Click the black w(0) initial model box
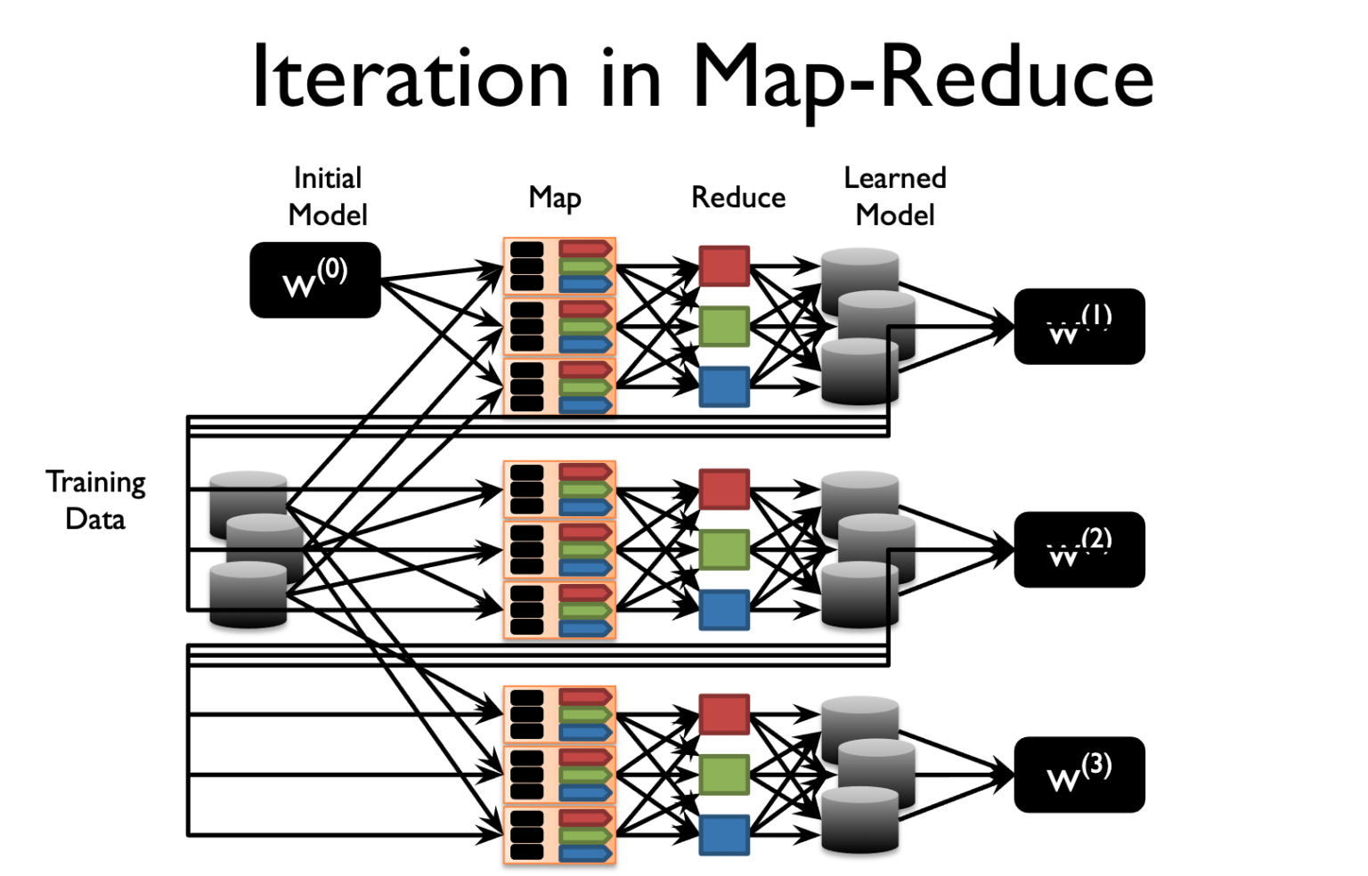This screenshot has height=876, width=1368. tap(315, 280)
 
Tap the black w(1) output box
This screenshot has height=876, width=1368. tap(1079, 326)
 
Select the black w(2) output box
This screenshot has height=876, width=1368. tap(1079, 549)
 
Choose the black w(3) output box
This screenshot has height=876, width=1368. tap(1079, 775)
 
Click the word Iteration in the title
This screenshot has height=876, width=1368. tap(410, 78)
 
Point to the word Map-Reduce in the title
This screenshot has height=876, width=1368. tap(923, 78)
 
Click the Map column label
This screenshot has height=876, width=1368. tap(555, 198)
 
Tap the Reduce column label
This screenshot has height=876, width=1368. tap(738, 198)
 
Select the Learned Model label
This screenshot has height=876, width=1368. tap(895, 197)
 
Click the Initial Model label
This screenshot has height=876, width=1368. tap(328, 197)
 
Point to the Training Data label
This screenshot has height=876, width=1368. tap(95, 500)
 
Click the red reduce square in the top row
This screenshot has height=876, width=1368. tap(724, 265)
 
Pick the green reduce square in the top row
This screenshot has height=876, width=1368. tap(724, 326)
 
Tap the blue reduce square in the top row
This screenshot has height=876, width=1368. tap(724, 386)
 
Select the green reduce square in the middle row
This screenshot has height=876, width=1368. tap(724, 549)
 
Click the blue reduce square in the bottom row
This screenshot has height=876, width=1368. tap(724, 835)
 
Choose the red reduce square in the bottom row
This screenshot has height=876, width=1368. tap(724, 714)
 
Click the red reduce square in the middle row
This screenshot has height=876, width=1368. tap(724, 489)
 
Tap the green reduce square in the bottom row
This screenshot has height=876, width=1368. tap(724, 775)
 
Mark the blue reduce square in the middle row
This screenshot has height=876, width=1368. tap(724, 610)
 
